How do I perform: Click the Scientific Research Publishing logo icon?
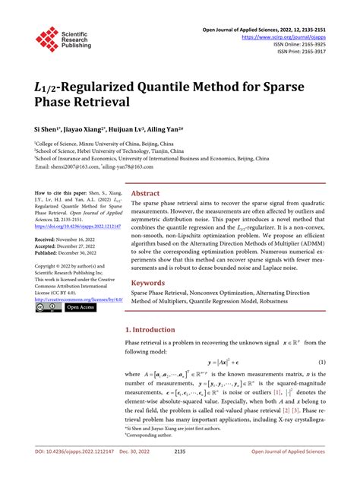[47, 40]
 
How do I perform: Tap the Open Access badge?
[81, 308]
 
